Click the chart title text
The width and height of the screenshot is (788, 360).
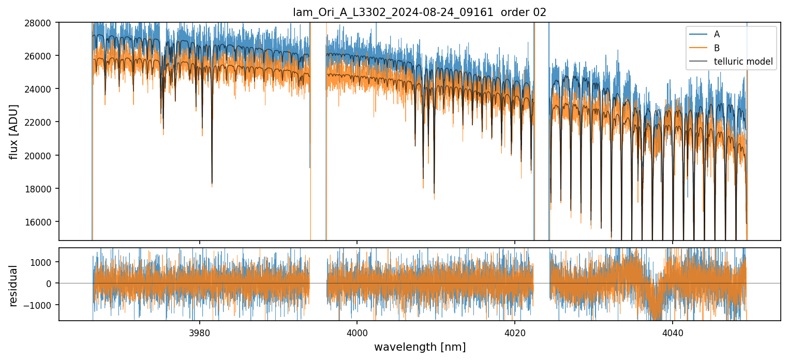pos(420,12)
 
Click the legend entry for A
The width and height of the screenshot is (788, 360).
pos(717,35)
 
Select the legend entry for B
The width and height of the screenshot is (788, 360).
pos(717,49)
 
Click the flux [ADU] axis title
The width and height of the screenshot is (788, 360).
pos(14,131)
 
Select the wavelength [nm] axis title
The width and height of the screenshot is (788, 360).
pos(420,347)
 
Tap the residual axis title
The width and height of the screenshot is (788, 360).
pos(14,286)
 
